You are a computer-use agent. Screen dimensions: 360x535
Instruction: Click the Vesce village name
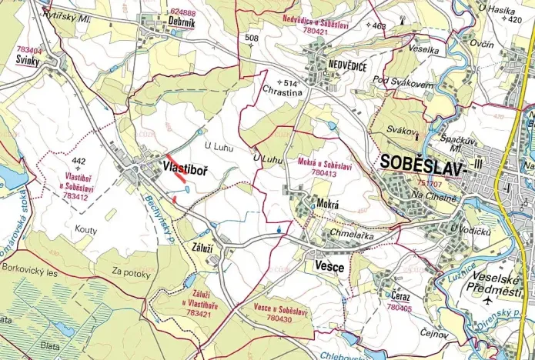click(x=329, y=265)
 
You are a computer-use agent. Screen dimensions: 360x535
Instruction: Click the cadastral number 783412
click(x=75, y=195)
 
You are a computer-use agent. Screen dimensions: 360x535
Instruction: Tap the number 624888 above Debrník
click(x=183, y=13)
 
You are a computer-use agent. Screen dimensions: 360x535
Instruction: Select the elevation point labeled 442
click(x=77, y=162)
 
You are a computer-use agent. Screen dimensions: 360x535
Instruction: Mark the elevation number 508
click(x=250, y=37)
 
